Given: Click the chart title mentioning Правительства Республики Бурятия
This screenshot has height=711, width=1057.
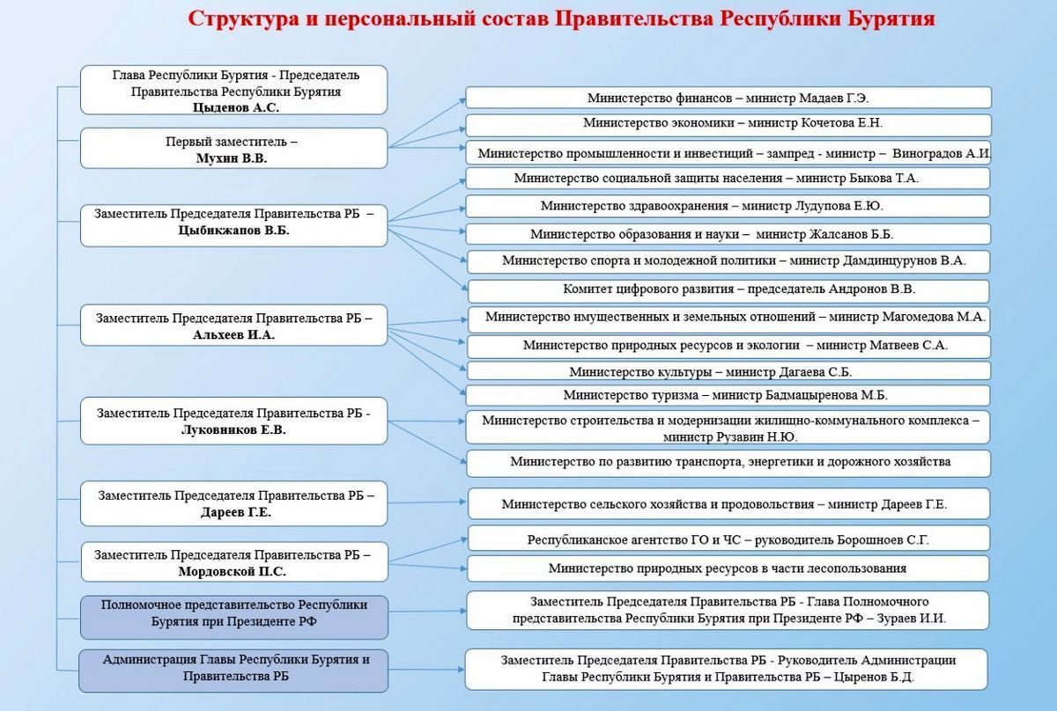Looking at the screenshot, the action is coord(562,18).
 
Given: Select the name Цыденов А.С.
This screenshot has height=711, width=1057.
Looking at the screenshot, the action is coord(235,107).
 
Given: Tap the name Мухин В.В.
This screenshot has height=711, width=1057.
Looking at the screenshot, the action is coord(231,158).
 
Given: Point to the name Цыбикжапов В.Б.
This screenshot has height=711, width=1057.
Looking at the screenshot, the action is coord(233,230).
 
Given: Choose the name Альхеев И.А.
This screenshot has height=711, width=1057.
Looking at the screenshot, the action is coord(233,334).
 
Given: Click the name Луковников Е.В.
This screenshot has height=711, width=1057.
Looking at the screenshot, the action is coord(233,429).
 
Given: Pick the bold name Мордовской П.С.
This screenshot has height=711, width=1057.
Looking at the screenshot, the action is coord(233,571).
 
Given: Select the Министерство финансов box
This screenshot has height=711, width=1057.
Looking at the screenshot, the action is coord(728,98).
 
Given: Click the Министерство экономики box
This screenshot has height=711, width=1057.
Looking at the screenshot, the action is coord(728,125).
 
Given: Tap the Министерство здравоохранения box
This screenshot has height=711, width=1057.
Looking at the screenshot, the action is coord(728,206).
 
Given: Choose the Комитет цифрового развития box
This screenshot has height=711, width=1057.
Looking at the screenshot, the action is coord(728,291).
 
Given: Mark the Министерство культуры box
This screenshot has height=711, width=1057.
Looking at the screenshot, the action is coord(728,370).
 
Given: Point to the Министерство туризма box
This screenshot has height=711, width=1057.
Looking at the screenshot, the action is coord(728,396).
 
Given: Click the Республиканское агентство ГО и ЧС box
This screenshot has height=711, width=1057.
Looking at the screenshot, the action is coord(728,538).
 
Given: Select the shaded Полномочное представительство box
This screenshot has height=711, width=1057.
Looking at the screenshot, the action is coord(234,617).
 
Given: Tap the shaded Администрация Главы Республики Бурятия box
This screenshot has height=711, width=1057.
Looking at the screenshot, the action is coord(233,671).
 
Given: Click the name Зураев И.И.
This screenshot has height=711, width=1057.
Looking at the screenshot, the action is coord(911,618).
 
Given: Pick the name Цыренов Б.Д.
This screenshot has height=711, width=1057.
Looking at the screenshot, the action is coord(874,677).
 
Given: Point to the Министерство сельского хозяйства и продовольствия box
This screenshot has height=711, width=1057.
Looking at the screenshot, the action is coord(728,503).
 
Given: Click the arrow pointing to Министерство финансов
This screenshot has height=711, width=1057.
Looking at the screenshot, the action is coord(427,123).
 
